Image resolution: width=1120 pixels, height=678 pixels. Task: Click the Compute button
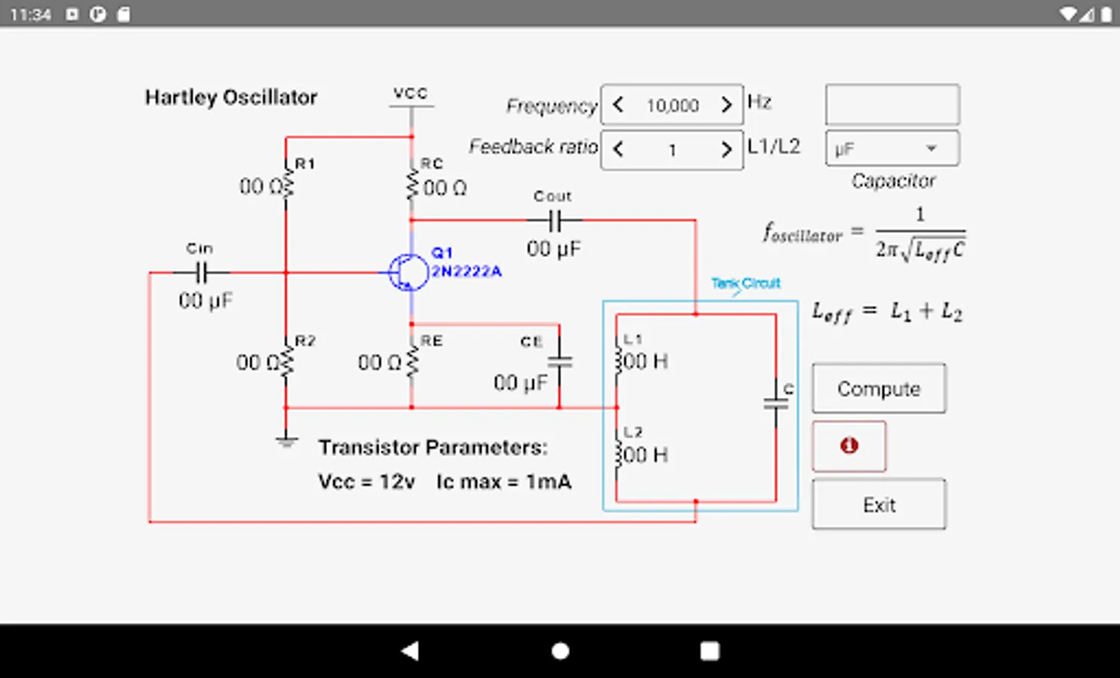879,389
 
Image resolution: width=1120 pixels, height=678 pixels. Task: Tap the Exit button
879,505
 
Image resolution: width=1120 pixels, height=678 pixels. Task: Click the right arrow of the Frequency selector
726,105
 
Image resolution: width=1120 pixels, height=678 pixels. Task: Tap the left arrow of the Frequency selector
618,105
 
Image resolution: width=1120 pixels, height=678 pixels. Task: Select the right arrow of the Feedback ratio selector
726,149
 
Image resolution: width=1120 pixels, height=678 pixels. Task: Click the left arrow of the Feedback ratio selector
618,149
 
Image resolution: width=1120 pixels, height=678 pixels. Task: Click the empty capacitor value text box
892,105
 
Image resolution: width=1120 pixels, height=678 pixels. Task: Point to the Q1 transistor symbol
408,273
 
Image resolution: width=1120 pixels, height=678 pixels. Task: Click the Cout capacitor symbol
555,221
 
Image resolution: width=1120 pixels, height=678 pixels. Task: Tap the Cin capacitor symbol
201,272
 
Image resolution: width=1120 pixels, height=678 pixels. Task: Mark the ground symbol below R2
286,441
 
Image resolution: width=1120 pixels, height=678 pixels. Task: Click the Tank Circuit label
745,283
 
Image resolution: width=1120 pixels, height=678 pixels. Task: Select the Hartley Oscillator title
231,97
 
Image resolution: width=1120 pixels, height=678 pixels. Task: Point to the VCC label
411,93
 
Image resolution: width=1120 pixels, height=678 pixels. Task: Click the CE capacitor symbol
559,361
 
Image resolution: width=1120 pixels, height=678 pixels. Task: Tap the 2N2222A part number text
466,271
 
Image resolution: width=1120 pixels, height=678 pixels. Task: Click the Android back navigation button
410,651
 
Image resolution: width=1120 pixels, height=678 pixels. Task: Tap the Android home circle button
560,651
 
